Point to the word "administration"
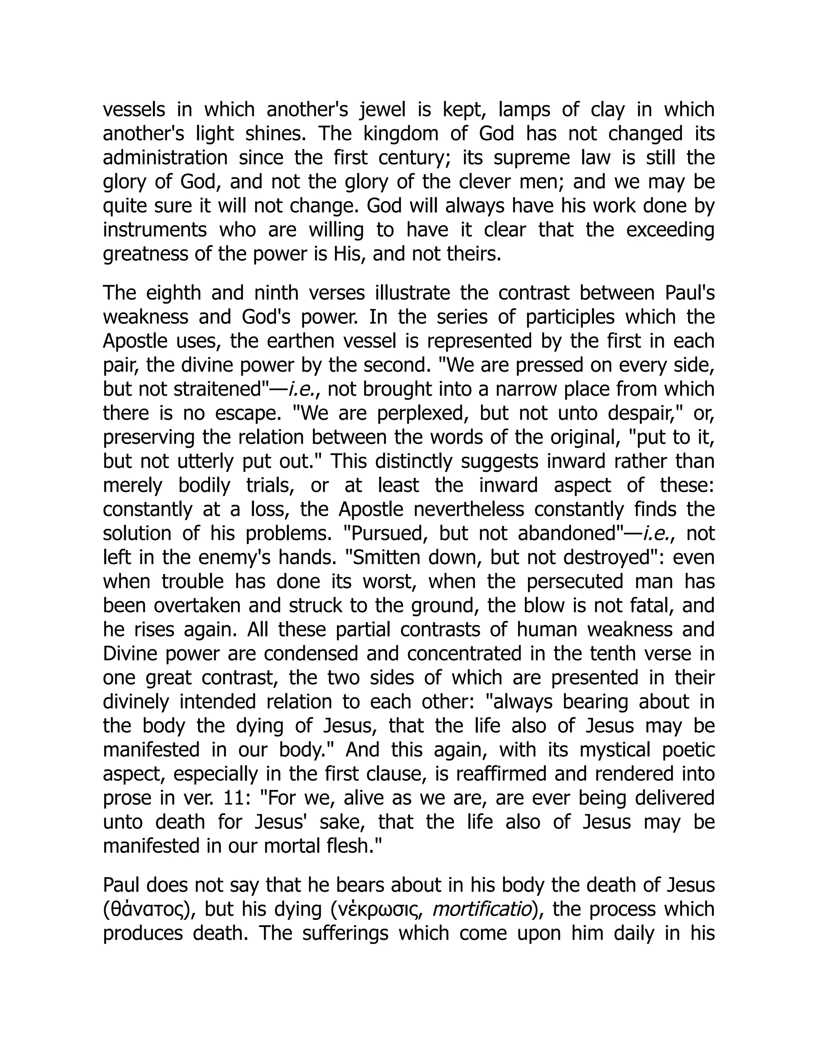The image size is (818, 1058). tap(165, 159)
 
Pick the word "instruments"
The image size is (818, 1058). tap(155, 230)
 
